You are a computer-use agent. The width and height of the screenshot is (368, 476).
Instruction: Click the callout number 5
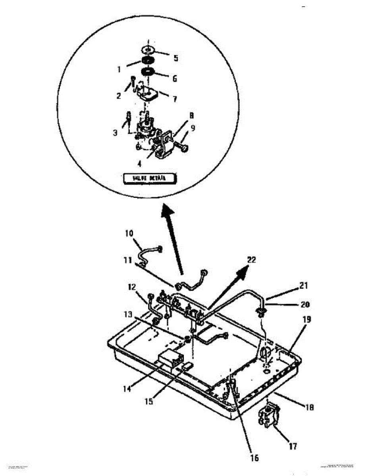click(175, 58)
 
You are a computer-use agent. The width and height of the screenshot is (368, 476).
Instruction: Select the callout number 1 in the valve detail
click(118, 69)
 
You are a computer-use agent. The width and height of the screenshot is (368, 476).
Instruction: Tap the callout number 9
click(193, 129)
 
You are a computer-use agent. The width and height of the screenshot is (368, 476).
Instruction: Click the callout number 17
click(293, 446)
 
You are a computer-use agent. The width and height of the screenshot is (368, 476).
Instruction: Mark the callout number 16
click(254, 458)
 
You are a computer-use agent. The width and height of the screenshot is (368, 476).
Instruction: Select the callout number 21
click(304, 285)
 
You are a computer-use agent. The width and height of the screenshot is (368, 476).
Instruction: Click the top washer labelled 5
click(148, 50)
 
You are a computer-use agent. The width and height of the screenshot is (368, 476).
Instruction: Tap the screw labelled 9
click(183, 148)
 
